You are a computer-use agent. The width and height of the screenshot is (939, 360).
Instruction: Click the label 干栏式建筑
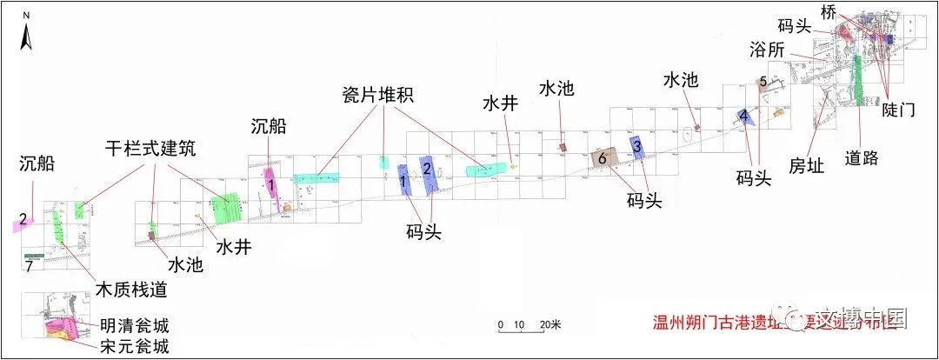(x=146, y=149)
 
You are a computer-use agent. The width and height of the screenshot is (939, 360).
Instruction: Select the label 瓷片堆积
(x=377, y=95)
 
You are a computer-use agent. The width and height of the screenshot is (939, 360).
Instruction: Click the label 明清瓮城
(x=134, y=327)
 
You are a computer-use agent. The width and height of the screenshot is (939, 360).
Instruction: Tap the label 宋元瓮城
(x=134, y=347)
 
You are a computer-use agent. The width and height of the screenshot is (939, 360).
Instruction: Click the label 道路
(x=862, y=157)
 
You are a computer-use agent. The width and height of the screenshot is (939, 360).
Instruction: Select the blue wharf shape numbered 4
(x=744, y=116)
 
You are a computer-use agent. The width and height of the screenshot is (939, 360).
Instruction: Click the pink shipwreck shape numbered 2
(x=23, y=222)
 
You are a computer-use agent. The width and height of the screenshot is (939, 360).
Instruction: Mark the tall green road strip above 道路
(x=858, y=80)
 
